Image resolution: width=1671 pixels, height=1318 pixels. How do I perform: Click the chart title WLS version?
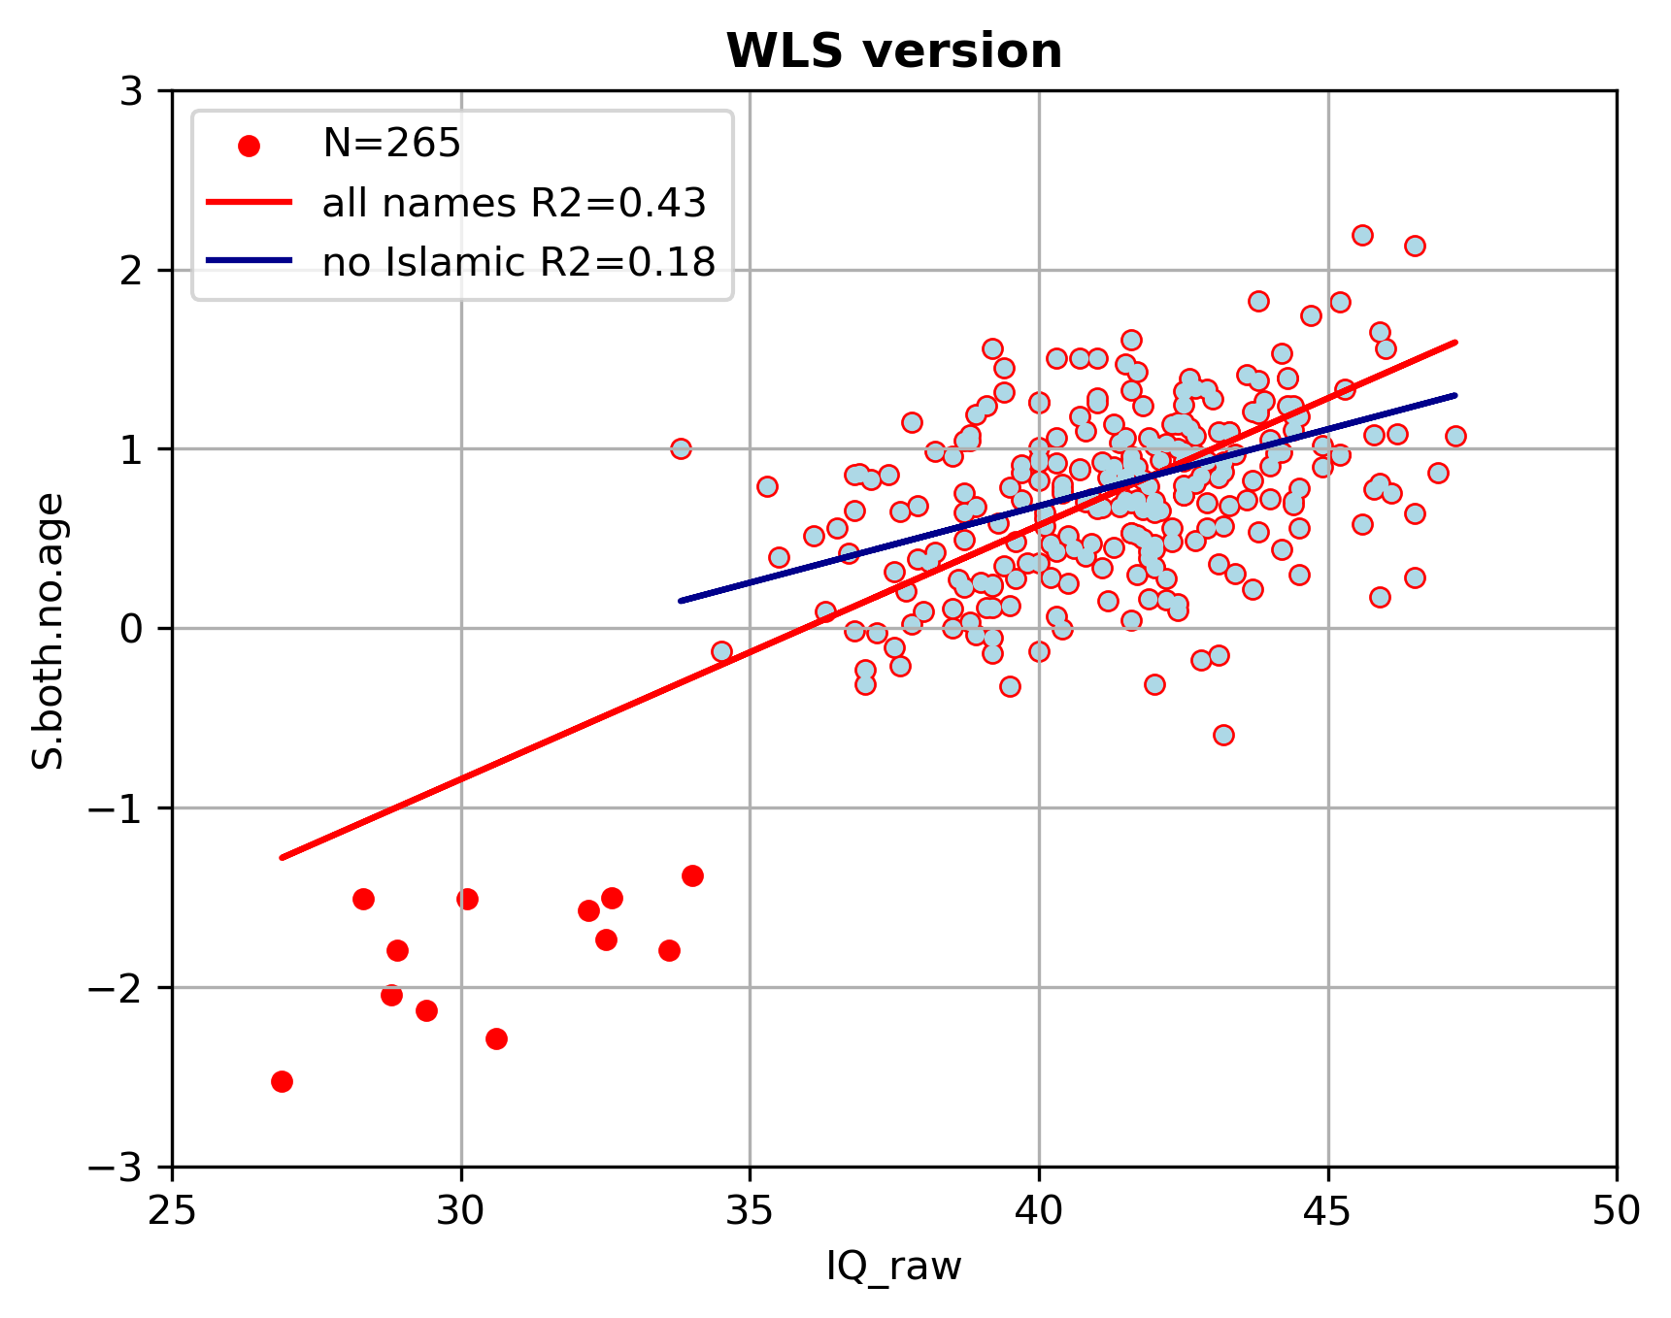[893, 51]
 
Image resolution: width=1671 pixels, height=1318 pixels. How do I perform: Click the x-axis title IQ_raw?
[893, 1267]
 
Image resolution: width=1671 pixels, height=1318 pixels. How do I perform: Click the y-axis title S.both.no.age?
[49, 631]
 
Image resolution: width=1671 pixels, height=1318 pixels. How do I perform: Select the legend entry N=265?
[391, 144]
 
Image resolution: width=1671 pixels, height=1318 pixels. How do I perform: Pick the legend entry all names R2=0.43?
[514, 203]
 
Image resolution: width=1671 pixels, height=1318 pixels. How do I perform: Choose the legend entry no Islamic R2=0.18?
[518, 262]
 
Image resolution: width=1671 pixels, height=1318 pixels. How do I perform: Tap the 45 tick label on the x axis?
[1327, 1211]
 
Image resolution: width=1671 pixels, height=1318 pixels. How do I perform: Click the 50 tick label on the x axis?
[1616, 1211]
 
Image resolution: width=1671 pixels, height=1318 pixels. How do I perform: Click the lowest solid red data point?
[282, 1081]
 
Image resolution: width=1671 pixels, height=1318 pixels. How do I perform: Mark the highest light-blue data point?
[1362, 235]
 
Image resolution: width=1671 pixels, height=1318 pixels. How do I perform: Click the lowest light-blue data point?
[1223, 735]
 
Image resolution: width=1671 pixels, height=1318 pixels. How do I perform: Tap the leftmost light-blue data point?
[681, 448]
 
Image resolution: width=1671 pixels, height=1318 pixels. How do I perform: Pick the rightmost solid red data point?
[692, 875]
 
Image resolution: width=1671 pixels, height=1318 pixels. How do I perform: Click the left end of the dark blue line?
[681, 601]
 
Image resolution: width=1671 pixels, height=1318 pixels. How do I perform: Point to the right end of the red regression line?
[1455, 342]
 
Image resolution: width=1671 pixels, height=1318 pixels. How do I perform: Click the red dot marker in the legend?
[250, 146]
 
